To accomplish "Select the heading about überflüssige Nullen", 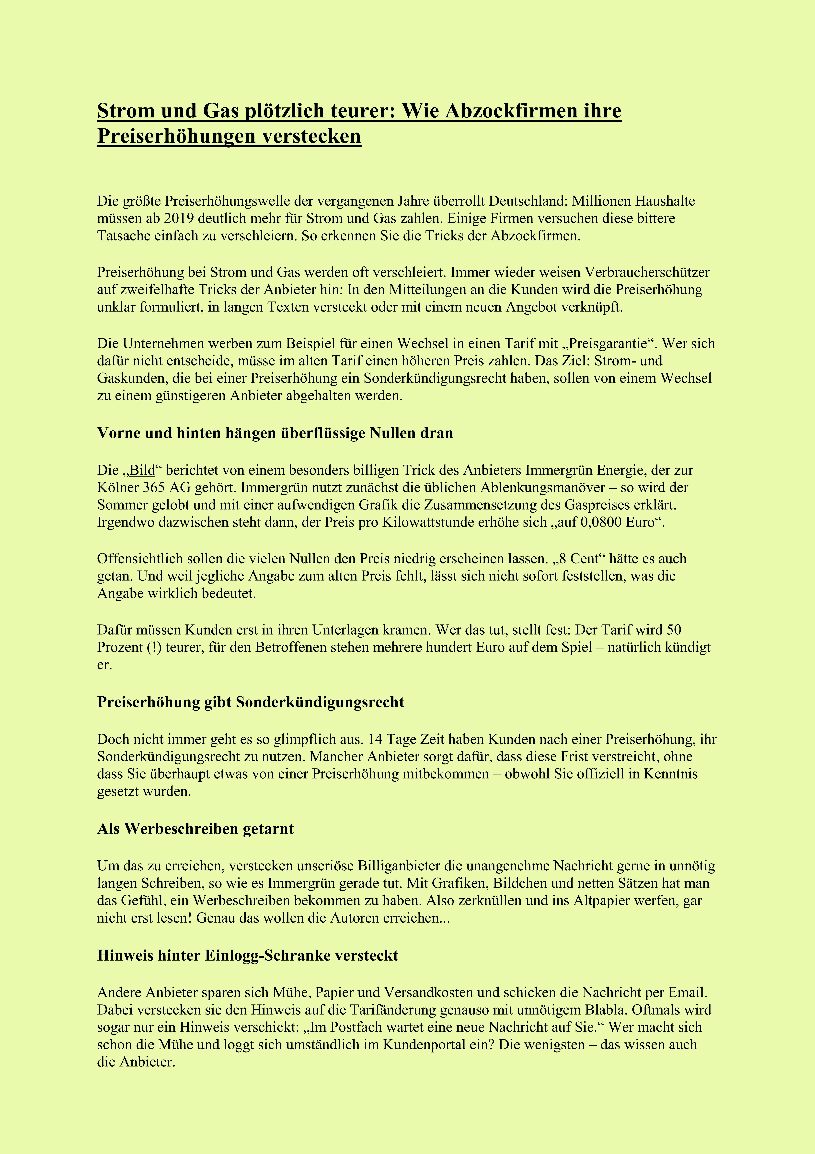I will coord(275,433).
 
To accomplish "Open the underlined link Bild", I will coord(143,470).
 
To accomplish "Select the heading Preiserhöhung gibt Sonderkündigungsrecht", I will coord(251,702).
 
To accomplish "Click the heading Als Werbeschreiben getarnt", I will coord(195,829).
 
